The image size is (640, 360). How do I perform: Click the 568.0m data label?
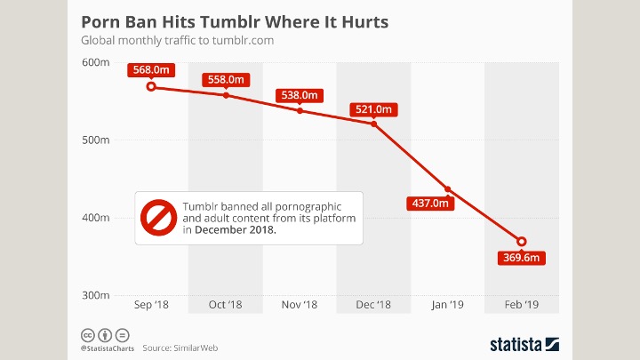151,70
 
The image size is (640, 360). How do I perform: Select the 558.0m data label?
226,79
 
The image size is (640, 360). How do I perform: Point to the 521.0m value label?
374,109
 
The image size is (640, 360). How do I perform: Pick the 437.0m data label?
429,203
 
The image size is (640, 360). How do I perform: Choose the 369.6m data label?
521,258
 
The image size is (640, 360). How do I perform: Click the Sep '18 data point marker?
151,86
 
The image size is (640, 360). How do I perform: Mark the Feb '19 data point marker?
522,242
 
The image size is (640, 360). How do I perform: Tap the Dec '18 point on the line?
374,124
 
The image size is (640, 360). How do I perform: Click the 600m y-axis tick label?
95,61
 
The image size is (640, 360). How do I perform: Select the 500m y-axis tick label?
95,140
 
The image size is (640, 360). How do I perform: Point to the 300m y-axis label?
95,295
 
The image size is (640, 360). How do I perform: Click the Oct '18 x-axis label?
226,305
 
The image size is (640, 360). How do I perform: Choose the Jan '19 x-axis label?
447,305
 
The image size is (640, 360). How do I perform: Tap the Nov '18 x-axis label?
300,305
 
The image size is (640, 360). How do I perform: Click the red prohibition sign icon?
158,217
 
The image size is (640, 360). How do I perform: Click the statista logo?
523,343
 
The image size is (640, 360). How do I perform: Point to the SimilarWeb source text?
196,347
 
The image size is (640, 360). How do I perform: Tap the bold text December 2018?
236,229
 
